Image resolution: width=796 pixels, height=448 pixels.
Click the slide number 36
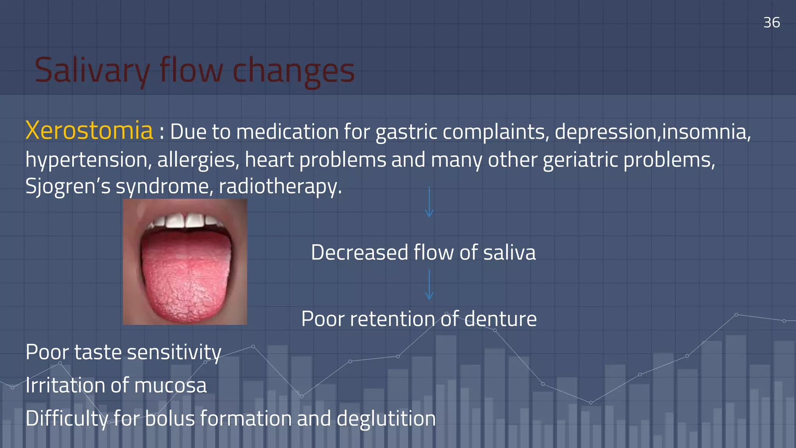pyautogui.click(x=771, y=23)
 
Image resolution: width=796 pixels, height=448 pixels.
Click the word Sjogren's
pyautogui.click(x=68, y=186)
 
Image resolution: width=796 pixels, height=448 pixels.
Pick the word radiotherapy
pyautogui.click(x=280, y=186)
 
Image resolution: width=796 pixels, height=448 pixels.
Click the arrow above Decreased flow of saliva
pyautogui.click(x=429, y=202)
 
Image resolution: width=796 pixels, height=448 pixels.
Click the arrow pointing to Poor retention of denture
pyautogui.click(x=429, y=285)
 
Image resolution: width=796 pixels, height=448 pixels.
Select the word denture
pyautogui.click(x=500, y=319)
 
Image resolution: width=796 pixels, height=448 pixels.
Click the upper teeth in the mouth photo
pyautogui.click(x=185, y=220)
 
